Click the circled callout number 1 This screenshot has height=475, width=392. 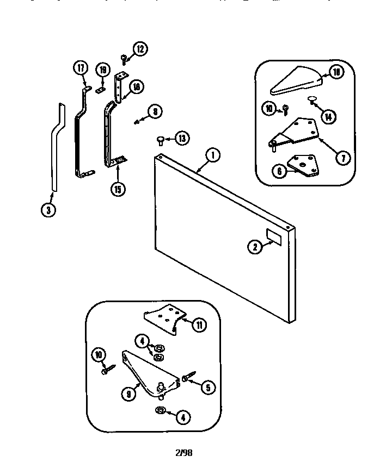pos(212,155)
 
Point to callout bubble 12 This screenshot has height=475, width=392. pos(140,49)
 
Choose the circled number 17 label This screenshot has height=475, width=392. pos(80,68)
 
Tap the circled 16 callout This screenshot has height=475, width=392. pos(136,86)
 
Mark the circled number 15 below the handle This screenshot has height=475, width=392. pos(117,189)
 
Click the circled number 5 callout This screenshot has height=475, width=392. pos(207,387)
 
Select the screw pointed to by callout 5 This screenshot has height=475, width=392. pos(189,375)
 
